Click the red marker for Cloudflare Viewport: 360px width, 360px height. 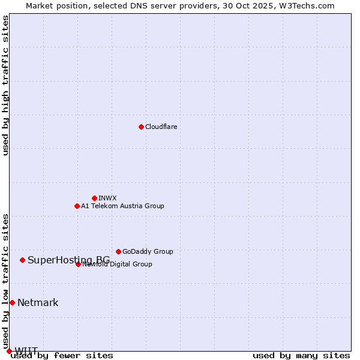pyautogui.click(x=141, y=127)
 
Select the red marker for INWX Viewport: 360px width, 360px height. pyautogui.click(x=94, y=198)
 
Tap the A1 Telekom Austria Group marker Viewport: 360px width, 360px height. pyautogui.click(x=77, y=206)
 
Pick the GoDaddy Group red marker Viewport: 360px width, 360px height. pyautogui.click(x=118, y=251)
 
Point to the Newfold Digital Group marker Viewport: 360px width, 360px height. pyautogui.click(x=78, y=264)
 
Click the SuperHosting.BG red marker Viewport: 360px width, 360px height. pyautogui.click(x=22, y=260)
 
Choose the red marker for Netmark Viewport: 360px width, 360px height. pyautogui.click(x=12, y=302)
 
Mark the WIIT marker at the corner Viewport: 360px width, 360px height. pyautogui.click(x=9, y=351)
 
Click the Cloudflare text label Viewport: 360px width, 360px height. pyautogui.click(x=161, y=127)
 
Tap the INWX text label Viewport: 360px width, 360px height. pyautogui.click(x=108, y=198)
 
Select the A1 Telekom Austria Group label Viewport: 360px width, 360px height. pyautogui.click(x=122, y=206)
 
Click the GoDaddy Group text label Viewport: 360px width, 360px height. pyautogui.click(x=148, y=251)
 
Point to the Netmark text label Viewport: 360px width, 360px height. pyautogui.click(x=38, y=302)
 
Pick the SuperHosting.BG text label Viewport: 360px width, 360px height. pyautogui.click(x=68, y=260)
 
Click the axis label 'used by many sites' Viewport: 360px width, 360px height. pyautogui.click(x=301, y=356)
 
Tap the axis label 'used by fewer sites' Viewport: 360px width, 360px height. pyautogui.click(x=62, y=356)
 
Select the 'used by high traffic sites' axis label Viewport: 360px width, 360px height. pyautogui.click(x=6, y=85)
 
